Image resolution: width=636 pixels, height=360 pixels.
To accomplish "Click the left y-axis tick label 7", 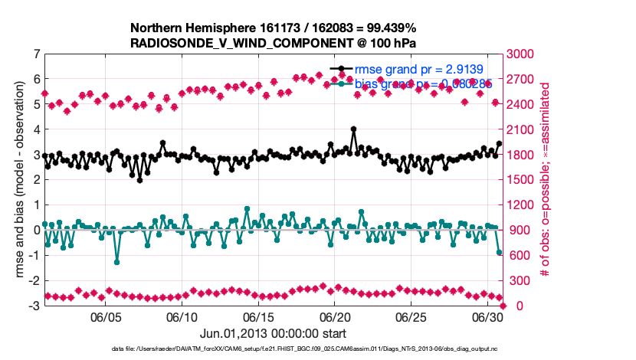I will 35,54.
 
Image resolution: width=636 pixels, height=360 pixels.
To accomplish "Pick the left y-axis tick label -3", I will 33,306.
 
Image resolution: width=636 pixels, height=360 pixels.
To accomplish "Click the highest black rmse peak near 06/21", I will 353,129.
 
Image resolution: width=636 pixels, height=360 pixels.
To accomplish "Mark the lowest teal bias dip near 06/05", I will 117,262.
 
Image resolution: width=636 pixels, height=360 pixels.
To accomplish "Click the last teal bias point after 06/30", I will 499,252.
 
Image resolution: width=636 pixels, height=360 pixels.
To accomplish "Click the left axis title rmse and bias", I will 18,180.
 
